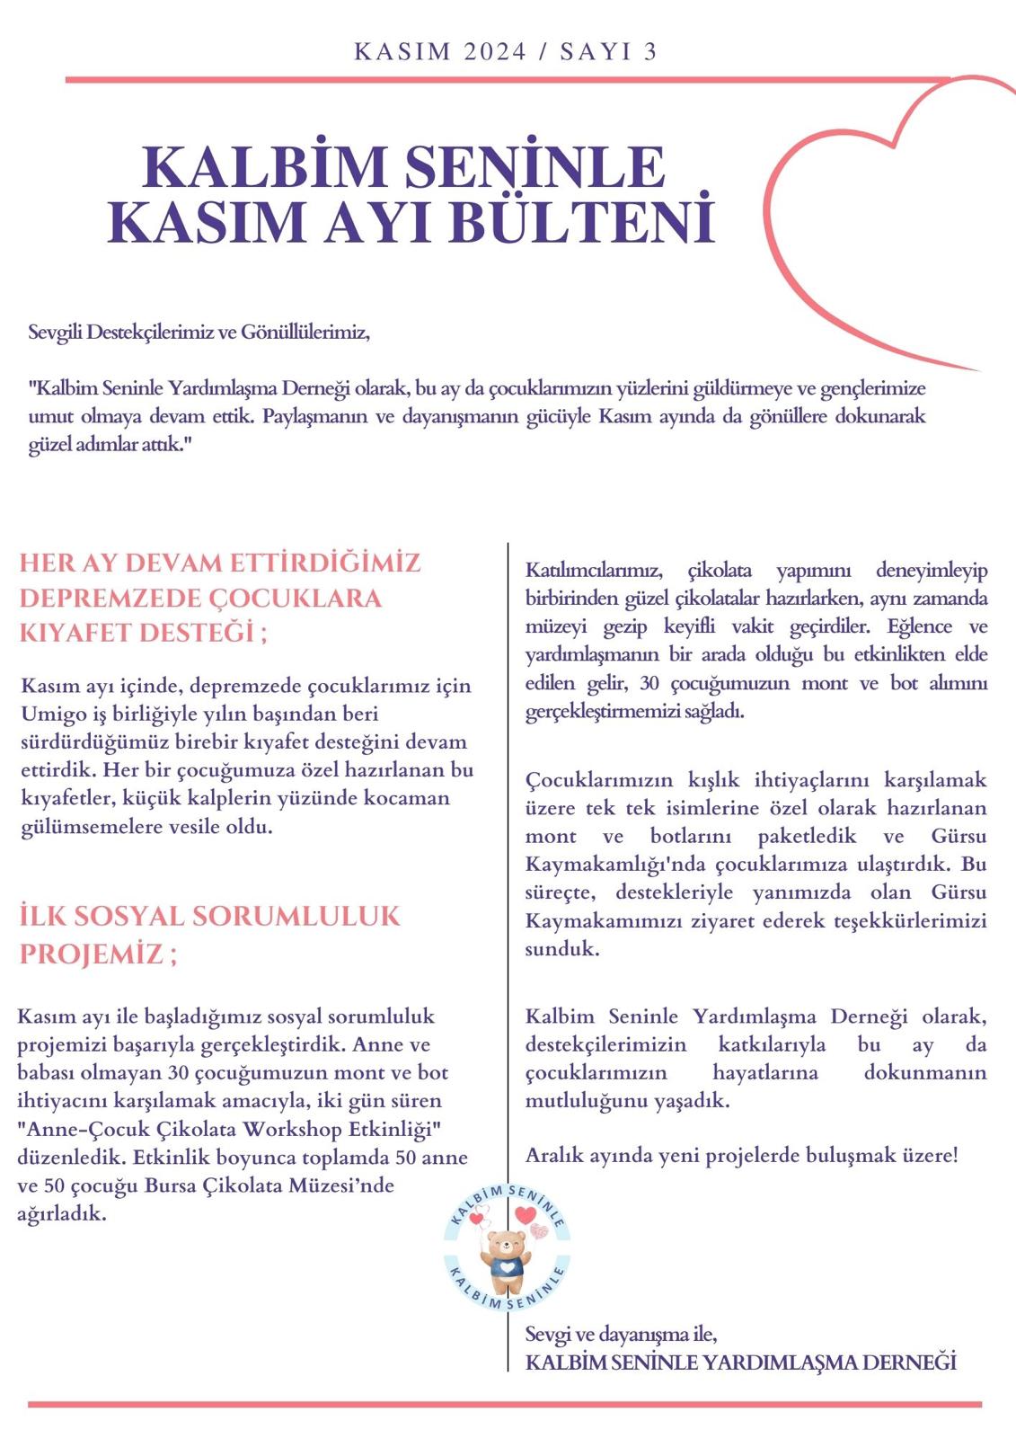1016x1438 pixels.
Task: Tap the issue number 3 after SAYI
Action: (x=650, y=52)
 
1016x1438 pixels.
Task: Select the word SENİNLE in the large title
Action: (x=535, y=167)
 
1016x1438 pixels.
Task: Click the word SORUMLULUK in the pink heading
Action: (x=296, y=916)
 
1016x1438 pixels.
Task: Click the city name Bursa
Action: (x=170, y=1185)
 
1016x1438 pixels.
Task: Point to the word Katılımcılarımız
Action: (x=594, y=571)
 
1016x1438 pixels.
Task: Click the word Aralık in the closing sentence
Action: (x=554, y=1155)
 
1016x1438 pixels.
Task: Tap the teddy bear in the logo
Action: (x=507, y=1252)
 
